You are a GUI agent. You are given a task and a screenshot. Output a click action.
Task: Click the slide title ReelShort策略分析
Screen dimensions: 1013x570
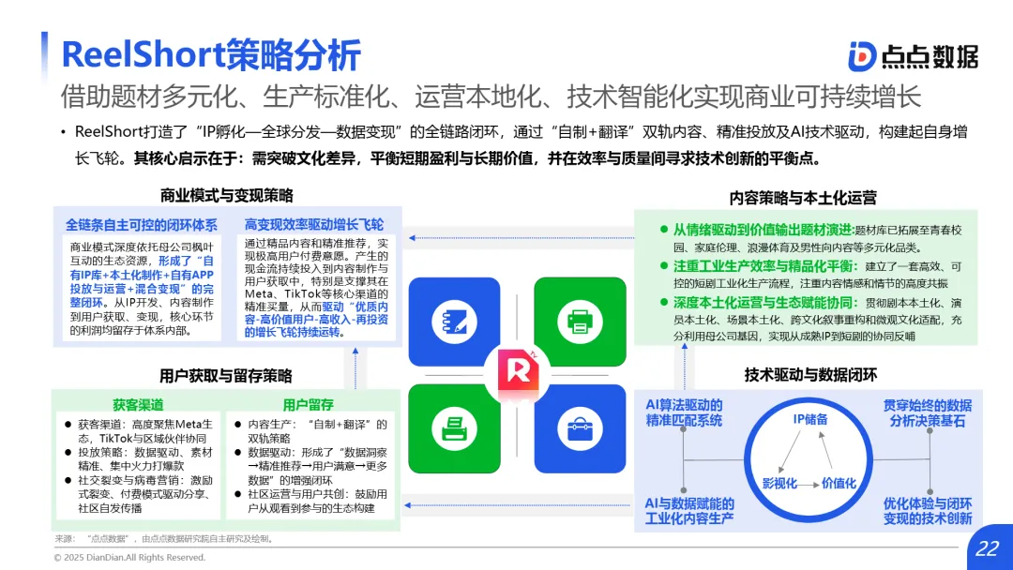pos(210,54)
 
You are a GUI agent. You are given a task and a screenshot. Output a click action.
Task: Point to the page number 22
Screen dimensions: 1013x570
pos(987,548)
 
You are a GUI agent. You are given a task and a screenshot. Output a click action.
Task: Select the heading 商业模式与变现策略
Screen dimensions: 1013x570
pos(226,196)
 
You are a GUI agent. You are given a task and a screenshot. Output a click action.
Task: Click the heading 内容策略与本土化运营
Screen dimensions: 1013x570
pos(803,198)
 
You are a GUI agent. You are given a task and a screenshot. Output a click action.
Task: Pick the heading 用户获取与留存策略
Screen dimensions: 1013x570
pos(226,376)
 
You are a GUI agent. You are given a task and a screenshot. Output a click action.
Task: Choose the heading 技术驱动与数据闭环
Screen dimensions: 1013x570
pos(810,375)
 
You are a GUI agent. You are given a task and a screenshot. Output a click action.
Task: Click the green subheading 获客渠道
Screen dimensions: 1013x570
pos(138,405)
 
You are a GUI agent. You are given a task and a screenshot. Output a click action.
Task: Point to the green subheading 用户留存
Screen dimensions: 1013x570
pos(308,405)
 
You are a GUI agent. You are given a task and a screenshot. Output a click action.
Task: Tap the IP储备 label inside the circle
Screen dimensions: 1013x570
pos(809,419)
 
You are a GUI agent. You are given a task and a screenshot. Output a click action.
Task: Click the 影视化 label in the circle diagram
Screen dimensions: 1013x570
pos(779,483)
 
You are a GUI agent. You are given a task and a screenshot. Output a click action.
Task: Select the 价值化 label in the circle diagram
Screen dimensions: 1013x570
pos(839,483)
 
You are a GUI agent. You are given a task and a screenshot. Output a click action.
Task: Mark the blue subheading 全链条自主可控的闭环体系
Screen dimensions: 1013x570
pos(141,225)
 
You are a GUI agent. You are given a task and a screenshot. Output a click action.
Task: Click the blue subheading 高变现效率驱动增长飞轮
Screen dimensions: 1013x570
pos(314,225)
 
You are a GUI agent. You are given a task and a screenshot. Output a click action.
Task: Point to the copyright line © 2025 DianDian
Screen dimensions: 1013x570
pos(129,557)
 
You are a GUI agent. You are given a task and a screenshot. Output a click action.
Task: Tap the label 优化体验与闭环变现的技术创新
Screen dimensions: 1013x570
pos(927,510)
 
